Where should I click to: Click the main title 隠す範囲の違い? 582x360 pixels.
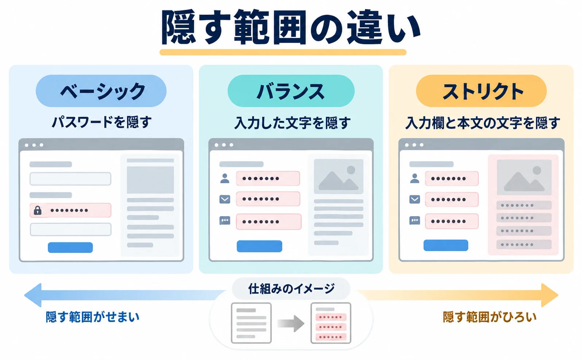coord(290,27)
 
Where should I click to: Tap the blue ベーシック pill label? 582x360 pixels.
coord(101,91)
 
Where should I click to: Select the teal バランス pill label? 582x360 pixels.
coord(291,91)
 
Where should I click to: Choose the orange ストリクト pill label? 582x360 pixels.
coord(481,91)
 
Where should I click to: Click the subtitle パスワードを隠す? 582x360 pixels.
coord(101,122)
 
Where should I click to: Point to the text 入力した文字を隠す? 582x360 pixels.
coord(292,123)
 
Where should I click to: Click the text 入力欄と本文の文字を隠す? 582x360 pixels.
coord(482,123)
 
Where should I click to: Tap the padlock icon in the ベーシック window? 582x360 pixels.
coord(38,210)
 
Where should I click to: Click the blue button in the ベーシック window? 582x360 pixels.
coord(70,248)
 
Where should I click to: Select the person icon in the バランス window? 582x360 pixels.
coord(225,179)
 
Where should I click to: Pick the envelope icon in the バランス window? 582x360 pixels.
coord(225,199)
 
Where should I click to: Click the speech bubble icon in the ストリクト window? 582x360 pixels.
coord(415,221)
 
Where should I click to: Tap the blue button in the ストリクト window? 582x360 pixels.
coord(446,245)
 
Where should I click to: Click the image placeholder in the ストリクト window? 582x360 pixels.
coord(524,177)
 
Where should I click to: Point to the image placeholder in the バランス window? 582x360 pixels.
coord(339,176)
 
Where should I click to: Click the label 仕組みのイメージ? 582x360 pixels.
coord(291,289)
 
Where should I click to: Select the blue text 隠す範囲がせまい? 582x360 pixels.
coord(93,317)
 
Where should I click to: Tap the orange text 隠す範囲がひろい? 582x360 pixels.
coord(490,317)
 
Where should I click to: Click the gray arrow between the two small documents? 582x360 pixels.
coord(291,323)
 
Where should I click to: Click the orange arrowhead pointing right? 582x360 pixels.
coord(549,295)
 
